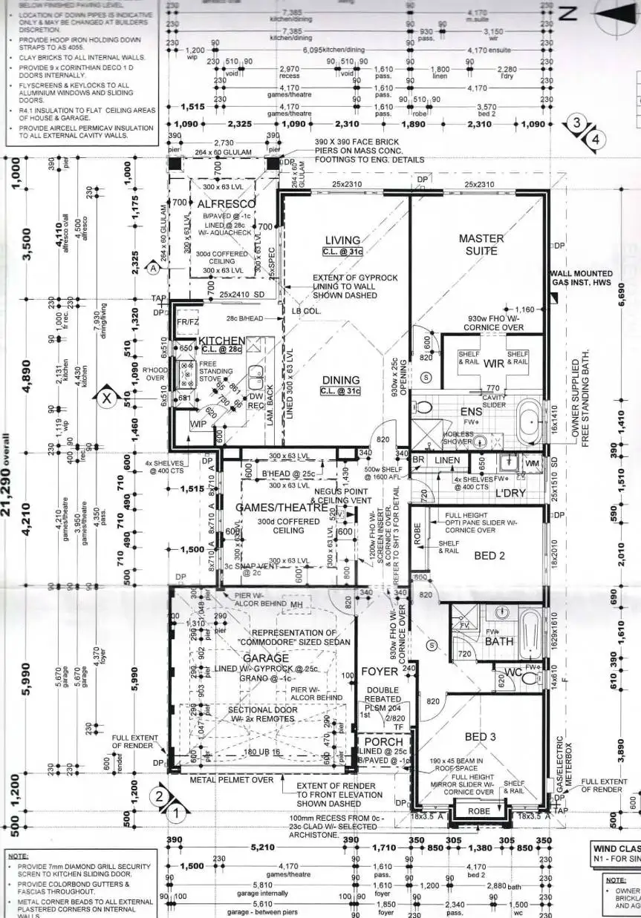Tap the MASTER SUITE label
[481, 245]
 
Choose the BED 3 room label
[479, 737]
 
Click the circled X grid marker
[106, 398]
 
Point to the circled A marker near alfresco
[154, 270]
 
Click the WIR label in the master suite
[494, 364]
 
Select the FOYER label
[380, 672]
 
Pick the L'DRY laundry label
[512, 493]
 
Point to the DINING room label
[341, 381]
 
